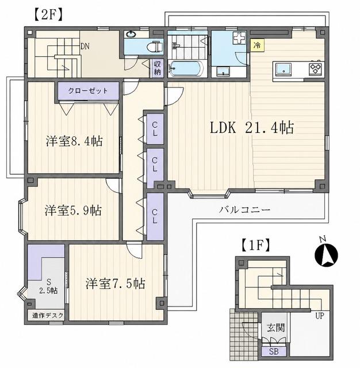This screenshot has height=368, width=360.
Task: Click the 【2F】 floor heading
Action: point(48,15)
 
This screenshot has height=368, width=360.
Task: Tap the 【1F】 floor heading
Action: point(255,246)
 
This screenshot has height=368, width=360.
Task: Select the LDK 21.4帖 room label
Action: point(251,128)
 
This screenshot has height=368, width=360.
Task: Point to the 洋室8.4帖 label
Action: point(74,141)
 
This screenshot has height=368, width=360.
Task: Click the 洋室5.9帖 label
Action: point(73,210)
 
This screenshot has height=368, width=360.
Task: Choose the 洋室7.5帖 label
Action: point(115,283)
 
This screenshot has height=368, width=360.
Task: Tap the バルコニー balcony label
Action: point(245,209)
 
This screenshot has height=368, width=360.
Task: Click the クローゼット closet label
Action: point(88,91)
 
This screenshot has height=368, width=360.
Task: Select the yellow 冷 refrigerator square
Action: point(258,45)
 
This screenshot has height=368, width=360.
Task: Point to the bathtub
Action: point(186,68)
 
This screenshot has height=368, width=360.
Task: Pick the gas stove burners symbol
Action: point(316,68)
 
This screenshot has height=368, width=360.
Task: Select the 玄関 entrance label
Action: point(275,328)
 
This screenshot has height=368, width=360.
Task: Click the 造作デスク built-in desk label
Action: point(48,316)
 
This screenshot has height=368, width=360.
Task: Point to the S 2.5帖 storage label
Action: point(48,286)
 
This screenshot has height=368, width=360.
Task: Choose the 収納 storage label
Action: point(157,67)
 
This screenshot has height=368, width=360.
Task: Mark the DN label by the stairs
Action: point(85,46)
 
